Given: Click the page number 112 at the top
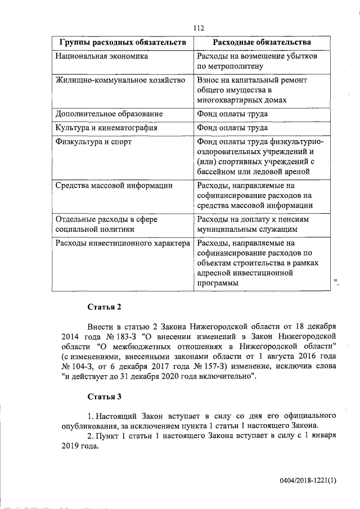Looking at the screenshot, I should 197,29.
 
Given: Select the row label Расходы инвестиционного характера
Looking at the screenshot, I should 122,244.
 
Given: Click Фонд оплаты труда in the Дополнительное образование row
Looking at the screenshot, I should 232,114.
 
